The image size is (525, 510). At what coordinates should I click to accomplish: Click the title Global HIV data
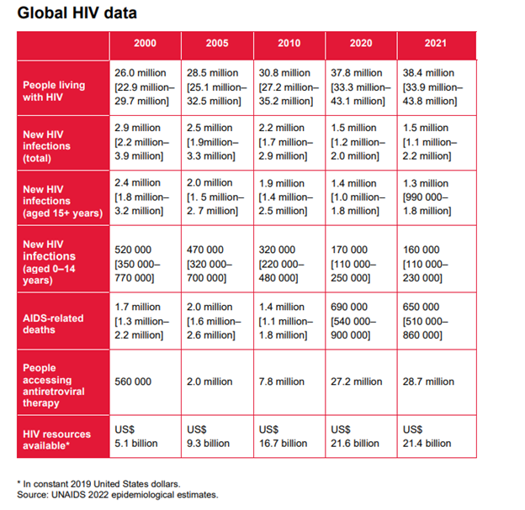click(76, 13)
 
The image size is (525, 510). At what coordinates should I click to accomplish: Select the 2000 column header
click(145, 43)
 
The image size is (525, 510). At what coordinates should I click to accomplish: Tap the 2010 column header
click(289, 43)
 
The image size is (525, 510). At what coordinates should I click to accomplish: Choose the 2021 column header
click(434, 43)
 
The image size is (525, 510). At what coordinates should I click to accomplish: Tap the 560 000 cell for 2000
click(133, 381)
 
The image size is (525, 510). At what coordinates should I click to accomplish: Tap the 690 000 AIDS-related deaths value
click(349, 307)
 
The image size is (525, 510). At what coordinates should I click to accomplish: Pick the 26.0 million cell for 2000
click(137, 73)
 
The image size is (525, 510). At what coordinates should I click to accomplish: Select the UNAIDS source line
click(117, 495)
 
